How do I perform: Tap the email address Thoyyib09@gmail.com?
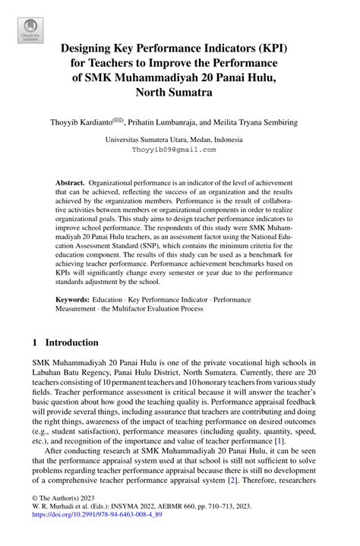pos(174,150)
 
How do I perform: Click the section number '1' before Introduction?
pos(35,343)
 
